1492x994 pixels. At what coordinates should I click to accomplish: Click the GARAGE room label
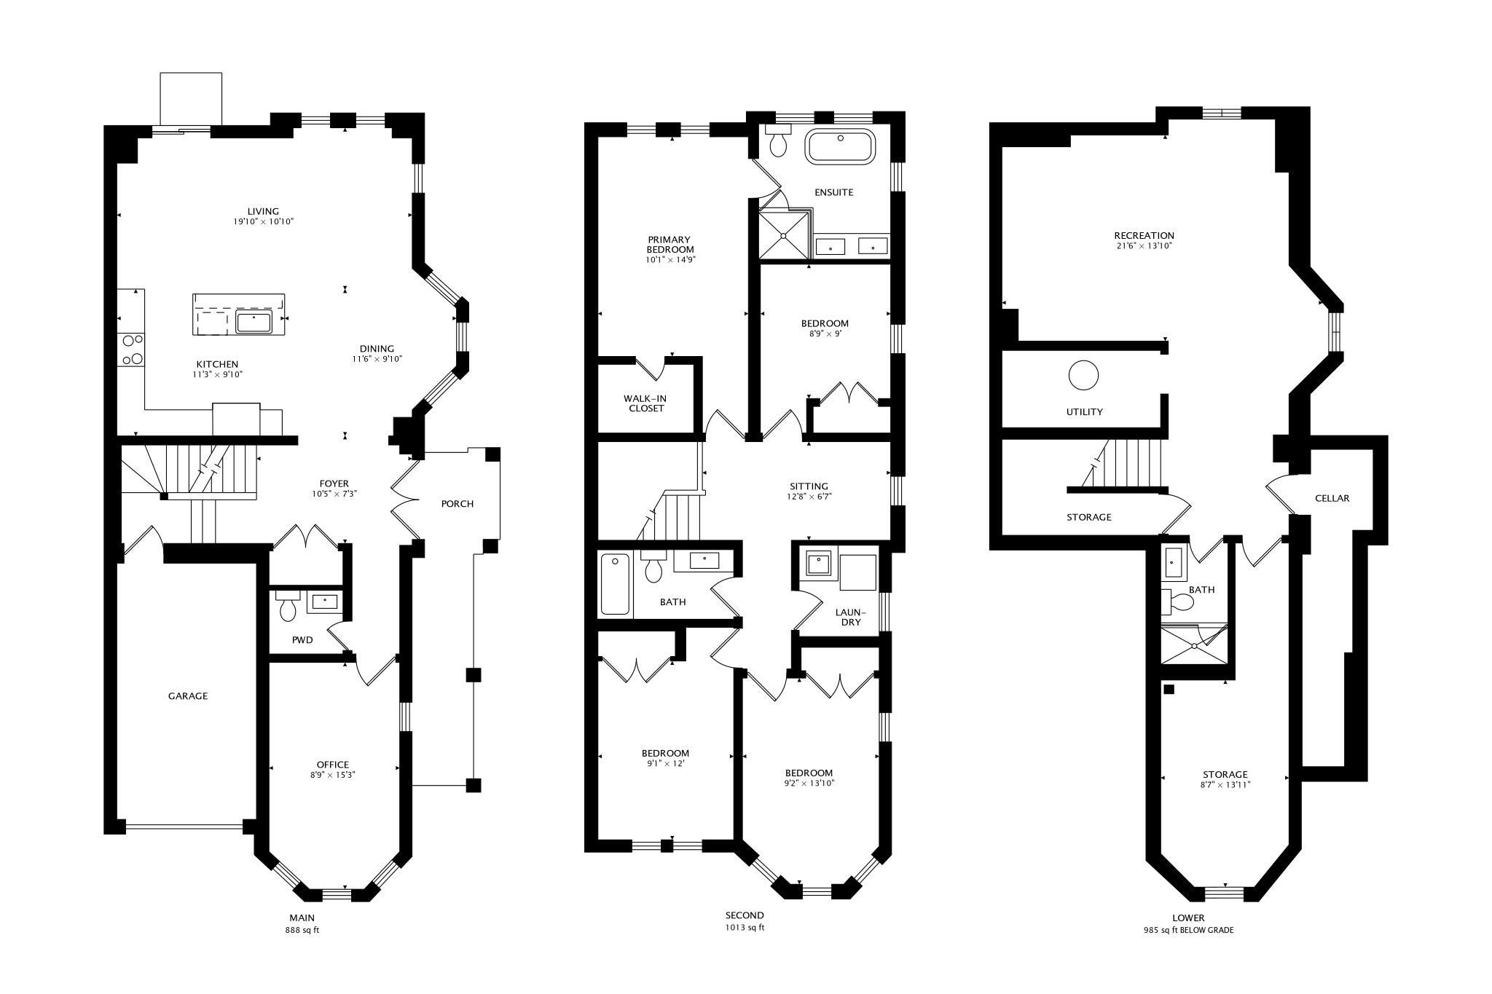(188, 696)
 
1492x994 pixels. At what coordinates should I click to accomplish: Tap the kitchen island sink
(254, 320)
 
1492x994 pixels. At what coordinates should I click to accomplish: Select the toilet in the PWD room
(288, 606)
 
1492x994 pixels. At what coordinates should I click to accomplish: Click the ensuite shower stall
(785, 235)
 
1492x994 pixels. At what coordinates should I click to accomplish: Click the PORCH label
(458, 503)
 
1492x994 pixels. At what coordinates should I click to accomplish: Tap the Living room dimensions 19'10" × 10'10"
(263, 221)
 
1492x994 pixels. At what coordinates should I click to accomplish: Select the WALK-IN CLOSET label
(645, 403)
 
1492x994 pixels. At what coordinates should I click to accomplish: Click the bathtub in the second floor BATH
(616, 585)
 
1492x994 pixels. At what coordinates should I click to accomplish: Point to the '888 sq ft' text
(302, 930)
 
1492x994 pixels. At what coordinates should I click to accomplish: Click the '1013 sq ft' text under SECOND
(745, 928)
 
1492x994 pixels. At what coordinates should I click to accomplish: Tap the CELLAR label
(1332, 499)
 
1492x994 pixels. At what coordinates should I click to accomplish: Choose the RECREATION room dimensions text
(1144, 246)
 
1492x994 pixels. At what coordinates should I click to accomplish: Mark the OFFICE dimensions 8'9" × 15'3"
(333, 775)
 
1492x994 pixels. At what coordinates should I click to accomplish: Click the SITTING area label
(809, 486)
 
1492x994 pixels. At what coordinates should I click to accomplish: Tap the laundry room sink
(819, 563)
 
